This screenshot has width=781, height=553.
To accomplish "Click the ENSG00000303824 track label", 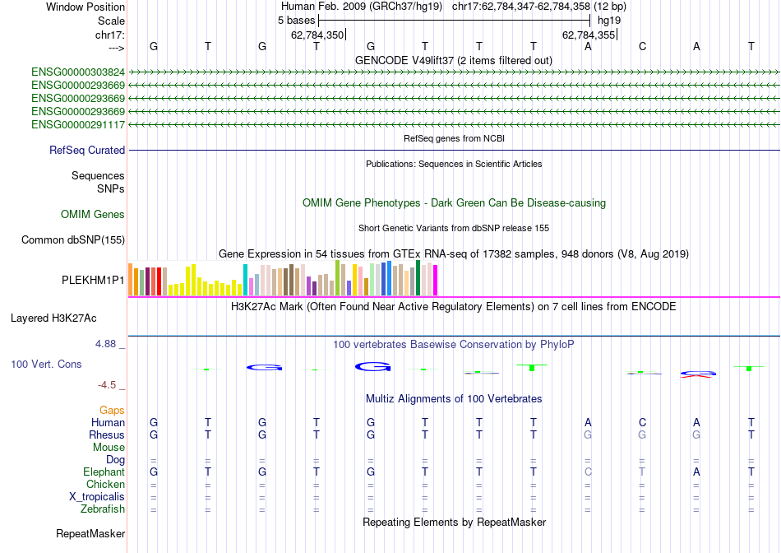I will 78,72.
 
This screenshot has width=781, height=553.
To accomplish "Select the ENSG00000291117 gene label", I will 78,124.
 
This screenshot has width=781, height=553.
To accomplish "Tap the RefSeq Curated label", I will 87,151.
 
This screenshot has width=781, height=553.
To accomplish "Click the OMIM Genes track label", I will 93,215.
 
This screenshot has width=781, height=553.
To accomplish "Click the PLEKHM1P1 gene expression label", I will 94,280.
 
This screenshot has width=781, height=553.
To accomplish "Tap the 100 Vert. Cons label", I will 46,364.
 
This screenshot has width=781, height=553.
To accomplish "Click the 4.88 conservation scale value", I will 111,344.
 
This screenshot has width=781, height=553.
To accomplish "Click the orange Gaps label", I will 112,410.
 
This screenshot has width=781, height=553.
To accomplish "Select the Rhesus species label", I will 108,434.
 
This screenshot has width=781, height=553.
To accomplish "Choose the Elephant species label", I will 104,472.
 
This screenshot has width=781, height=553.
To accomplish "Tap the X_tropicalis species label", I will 97,497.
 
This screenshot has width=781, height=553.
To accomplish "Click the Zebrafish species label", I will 102,509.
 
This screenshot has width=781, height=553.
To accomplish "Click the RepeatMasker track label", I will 90,534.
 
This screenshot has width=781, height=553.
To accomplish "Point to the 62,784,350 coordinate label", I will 317,35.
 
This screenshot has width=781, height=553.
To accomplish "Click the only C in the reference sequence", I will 642,47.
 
